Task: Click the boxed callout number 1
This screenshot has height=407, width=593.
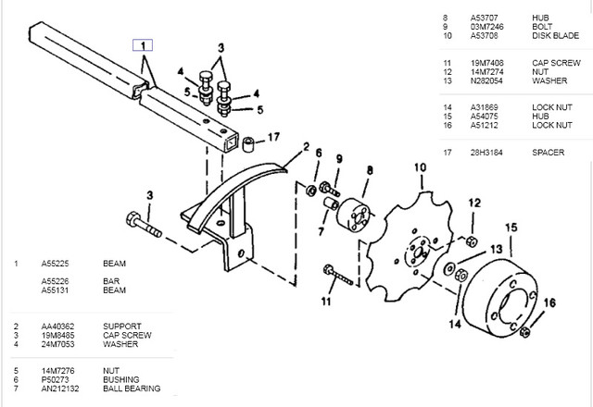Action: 143,45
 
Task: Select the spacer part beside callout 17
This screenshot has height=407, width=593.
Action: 248,144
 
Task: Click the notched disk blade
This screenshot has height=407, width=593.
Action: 410,247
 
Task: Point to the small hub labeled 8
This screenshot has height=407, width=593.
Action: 354,214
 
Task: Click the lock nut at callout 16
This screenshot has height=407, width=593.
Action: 524,332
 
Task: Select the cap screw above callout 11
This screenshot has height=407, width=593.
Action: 337,275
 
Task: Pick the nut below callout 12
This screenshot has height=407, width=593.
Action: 472,240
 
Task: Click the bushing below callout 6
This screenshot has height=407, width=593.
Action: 311,190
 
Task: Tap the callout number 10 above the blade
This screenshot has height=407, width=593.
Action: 420,167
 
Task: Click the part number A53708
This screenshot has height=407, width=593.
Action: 484,35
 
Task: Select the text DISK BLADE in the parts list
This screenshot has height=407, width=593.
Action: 555,35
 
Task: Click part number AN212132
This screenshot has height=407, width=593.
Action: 60,388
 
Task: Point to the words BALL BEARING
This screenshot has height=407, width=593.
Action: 132,388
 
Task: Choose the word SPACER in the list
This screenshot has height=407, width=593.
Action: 548,153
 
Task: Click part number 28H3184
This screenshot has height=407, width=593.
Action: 486,153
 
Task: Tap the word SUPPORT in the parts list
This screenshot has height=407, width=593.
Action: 121,327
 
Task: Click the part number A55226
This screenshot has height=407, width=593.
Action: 55,281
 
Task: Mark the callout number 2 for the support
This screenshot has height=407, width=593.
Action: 306,147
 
